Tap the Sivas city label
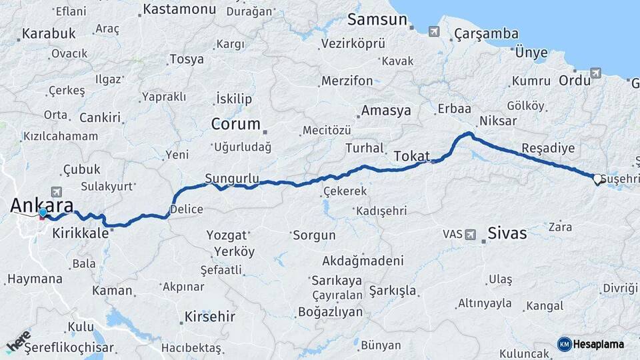click(507, 233)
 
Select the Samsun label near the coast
click(377, 19)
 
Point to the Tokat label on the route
click(411, 155)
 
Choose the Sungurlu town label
click(231, 178)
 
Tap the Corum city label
click(235, 124)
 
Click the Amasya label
click(386, 111)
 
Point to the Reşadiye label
click(548, 147)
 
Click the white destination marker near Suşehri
click(598, 179)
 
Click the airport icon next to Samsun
click(435, 31)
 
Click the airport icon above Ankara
click(55, 192)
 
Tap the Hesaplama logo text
click(598, 344)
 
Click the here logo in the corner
click(17, 342)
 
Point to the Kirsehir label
click(209, 316)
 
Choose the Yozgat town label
click(227, 235)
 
